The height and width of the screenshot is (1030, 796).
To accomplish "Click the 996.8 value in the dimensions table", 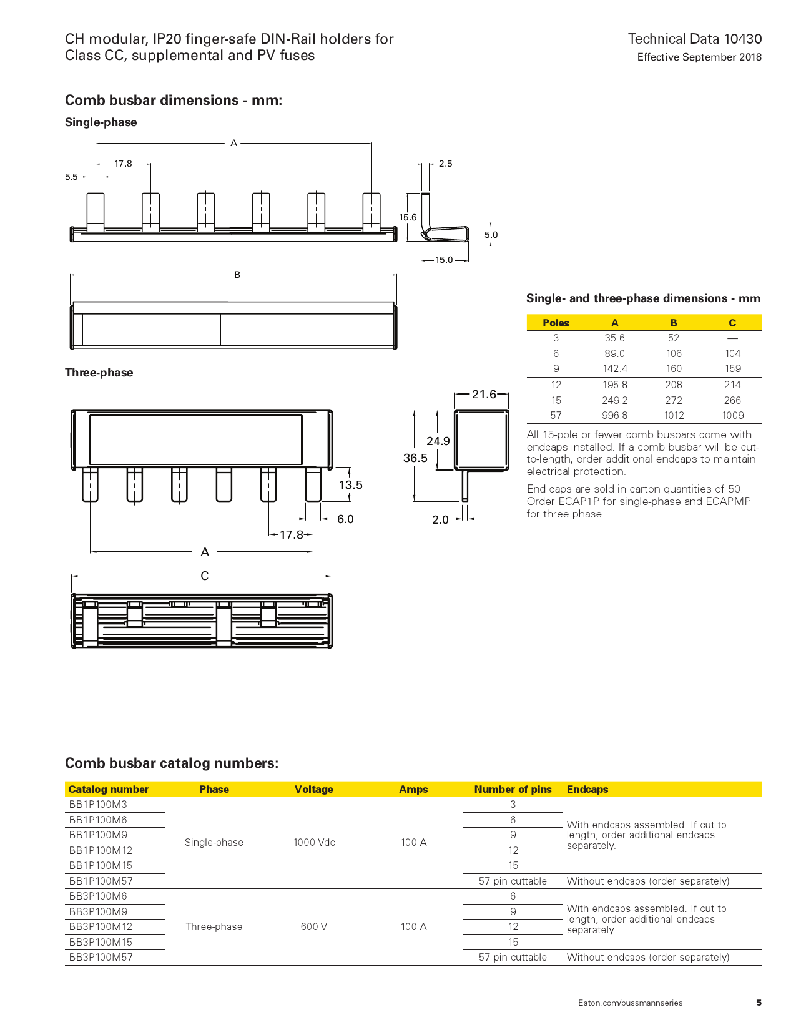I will point(615,416).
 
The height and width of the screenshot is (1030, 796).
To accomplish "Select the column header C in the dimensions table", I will point(732,323).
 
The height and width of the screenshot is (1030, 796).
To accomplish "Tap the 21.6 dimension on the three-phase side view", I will point(484,394).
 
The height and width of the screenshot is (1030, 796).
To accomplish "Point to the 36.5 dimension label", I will point(415,458).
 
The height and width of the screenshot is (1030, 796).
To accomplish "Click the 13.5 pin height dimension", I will point(350,484).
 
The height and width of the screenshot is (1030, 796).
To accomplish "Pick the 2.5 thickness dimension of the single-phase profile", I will point(445,164).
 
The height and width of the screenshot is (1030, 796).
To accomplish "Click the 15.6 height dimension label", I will point(408,217).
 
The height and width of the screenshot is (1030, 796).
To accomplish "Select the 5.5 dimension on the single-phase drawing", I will point(71,177).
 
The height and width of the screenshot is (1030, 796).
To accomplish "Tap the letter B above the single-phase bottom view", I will point(237,275).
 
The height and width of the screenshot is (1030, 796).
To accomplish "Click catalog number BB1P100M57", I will point(101,881).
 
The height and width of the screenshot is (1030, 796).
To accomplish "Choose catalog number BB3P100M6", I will point(98,896).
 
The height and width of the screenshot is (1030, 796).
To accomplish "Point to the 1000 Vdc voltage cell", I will point(314,843).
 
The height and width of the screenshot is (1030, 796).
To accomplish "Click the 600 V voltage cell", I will point(313,926).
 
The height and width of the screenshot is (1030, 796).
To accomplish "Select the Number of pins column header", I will point(513,789).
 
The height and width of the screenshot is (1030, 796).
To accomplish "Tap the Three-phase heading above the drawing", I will point(99,373).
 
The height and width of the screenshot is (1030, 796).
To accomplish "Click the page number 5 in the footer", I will point(759,1003).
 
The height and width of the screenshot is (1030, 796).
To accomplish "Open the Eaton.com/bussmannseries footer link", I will point(630,1003).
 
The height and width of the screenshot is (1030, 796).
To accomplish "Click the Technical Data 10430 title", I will point(694,39).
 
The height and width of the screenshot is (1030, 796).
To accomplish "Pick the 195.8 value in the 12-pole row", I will point(615,385).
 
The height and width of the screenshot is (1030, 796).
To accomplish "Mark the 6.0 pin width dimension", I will point(345,519).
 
